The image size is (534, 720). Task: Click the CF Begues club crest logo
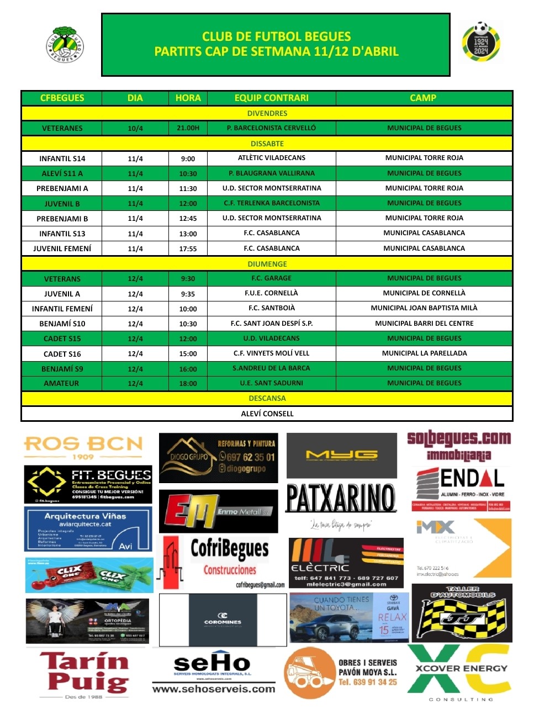[65, 44]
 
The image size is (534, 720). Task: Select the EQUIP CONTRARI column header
[271, 98]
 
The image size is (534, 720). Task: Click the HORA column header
[188, 98]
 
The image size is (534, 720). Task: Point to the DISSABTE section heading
[267, 144]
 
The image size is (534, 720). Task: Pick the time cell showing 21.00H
[188, 128]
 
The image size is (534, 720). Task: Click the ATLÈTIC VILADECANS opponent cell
[271, 158]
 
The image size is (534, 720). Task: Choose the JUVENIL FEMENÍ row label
[62, 248]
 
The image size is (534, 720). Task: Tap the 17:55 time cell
[188, 248]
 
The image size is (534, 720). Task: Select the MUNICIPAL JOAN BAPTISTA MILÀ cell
[424, 308]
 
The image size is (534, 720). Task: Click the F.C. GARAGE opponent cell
[271, 278]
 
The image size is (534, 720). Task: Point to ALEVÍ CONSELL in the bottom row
[267, 414]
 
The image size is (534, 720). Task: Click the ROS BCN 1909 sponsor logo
[83, 447]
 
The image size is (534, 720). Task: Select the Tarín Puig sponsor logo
[84, 673]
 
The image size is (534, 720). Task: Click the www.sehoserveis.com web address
[213, 689]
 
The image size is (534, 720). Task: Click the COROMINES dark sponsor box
[223, 620]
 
